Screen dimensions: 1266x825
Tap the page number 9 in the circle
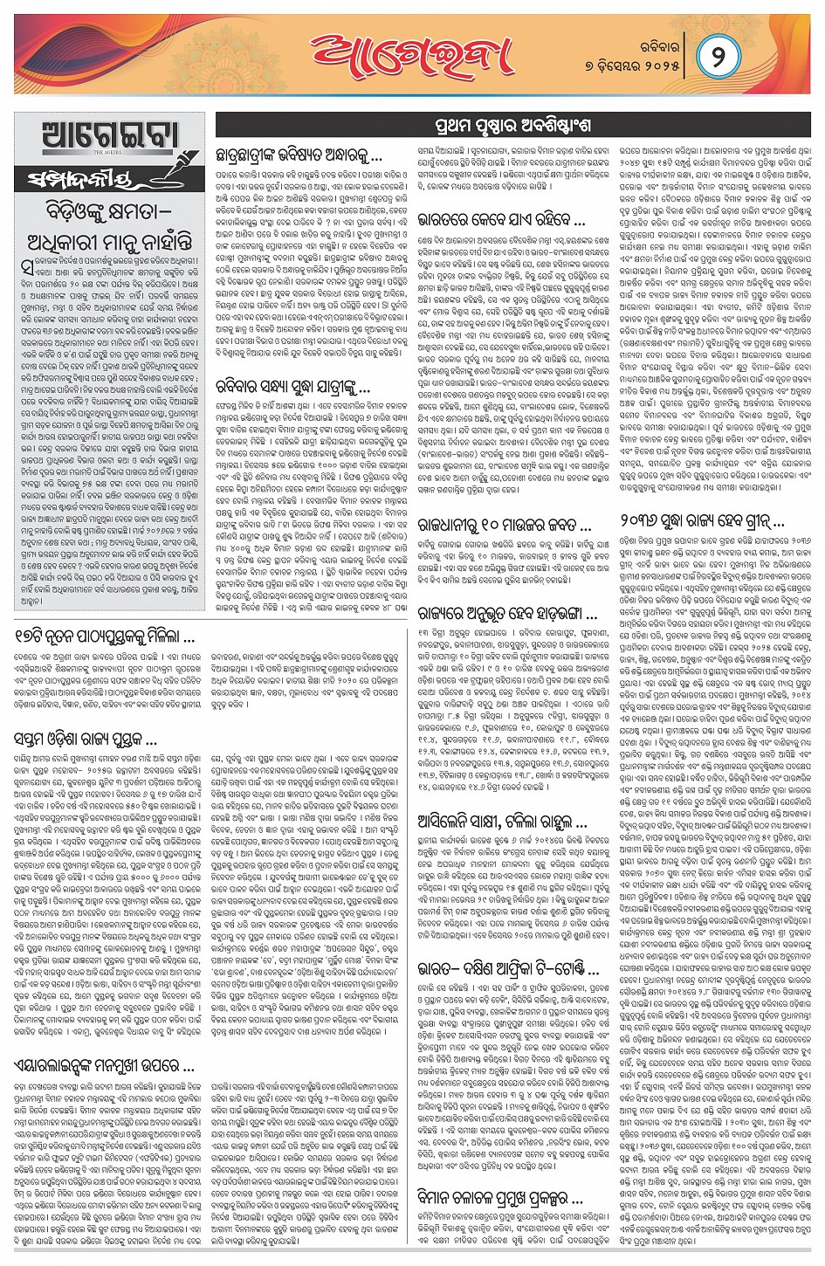[714, 58]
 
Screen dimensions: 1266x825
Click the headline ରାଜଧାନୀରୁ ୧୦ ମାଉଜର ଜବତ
[505, 526]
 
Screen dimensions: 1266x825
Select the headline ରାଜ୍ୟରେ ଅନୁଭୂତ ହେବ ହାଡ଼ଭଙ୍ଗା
[507, 613]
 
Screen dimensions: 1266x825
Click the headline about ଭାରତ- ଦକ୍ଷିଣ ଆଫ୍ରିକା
[507, 969]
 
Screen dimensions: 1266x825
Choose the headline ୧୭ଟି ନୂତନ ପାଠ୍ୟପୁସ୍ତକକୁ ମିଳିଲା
[105, 637]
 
